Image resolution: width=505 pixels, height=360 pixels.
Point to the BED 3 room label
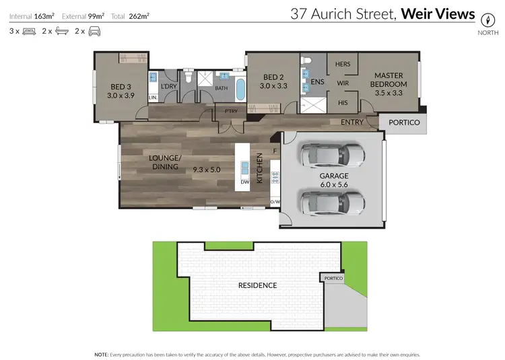click(x=121, y=92)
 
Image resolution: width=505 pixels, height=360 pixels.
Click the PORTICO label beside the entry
click(x=405, y=122)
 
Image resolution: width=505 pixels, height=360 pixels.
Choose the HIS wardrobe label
click(x=342, y=103)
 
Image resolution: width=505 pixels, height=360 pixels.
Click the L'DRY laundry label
click(x=168, y=85)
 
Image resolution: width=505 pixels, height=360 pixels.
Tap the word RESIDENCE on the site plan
click(x=258, y=285)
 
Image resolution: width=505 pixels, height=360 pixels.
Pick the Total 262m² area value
click(x=139, y=15)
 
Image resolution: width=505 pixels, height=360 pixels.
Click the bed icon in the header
click(x=29, y=31)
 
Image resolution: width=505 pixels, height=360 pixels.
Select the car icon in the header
click(x=94, y=31)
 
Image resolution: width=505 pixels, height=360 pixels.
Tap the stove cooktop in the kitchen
click(x=275, y=178)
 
